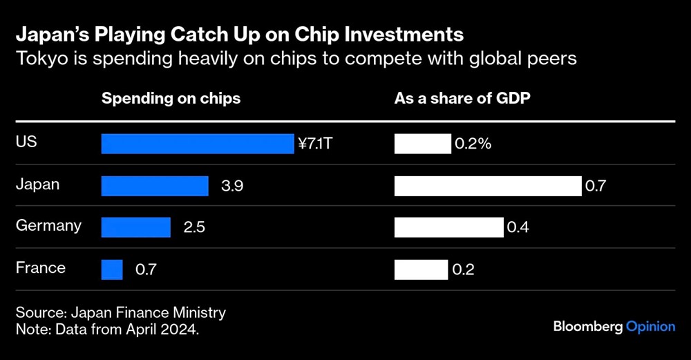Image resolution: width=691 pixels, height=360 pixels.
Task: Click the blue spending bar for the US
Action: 198,144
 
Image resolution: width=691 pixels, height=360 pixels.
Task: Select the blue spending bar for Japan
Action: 155,186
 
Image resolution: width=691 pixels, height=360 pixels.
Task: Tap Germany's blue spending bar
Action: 136,227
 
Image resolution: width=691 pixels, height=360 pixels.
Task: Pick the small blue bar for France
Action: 112,269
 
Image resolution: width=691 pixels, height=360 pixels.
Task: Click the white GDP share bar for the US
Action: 422,144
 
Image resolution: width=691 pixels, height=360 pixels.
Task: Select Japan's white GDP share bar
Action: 488,186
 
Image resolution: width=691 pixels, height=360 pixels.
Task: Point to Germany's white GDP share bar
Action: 449,227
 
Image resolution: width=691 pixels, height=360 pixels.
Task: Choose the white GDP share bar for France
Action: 422,269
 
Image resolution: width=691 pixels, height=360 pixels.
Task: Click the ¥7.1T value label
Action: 320,144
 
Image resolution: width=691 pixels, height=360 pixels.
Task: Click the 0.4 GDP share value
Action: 518,227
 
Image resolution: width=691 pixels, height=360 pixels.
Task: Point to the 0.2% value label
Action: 473,144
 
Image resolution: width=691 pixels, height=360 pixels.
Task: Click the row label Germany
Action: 48,226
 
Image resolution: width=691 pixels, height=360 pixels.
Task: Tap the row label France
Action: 41,267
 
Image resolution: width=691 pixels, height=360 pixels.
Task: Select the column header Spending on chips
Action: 171,98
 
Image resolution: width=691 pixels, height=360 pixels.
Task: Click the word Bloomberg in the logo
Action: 587,326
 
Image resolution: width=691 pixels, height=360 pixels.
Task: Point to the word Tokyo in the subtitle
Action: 38,59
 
